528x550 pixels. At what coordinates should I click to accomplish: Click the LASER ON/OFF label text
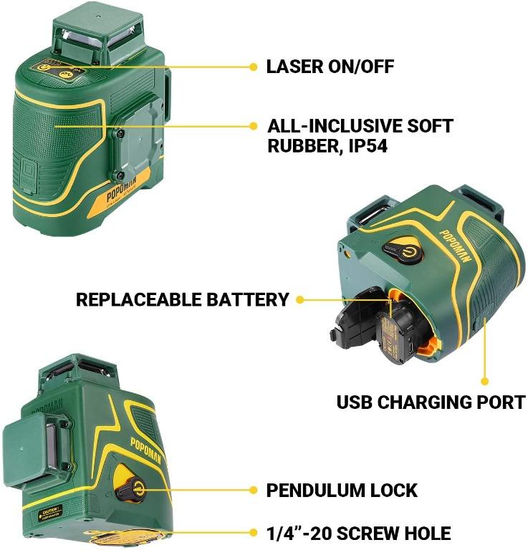coord(330,67)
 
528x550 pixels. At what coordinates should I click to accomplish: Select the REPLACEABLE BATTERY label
coord(183,299)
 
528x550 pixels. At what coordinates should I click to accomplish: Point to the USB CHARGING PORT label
coord(431,402)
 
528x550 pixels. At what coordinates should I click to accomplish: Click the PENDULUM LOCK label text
coord(342,491)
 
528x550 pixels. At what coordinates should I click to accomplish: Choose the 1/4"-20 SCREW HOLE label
coord(359,534)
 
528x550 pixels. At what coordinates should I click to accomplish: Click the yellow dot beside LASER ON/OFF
coord(253,67)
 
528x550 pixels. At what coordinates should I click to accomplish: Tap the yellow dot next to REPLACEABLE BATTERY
coord(299,299)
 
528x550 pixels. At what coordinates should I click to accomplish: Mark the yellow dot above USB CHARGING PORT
coord(485,382)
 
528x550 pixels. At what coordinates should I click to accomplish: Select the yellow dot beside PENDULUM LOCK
coord(253,491)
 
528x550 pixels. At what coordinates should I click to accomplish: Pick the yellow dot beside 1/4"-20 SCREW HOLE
coord(253,534)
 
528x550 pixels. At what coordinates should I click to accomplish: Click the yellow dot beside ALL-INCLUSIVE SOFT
coord(253,125)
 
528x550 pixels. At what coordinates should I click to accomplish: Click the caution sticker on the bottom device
coord(50,513)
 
